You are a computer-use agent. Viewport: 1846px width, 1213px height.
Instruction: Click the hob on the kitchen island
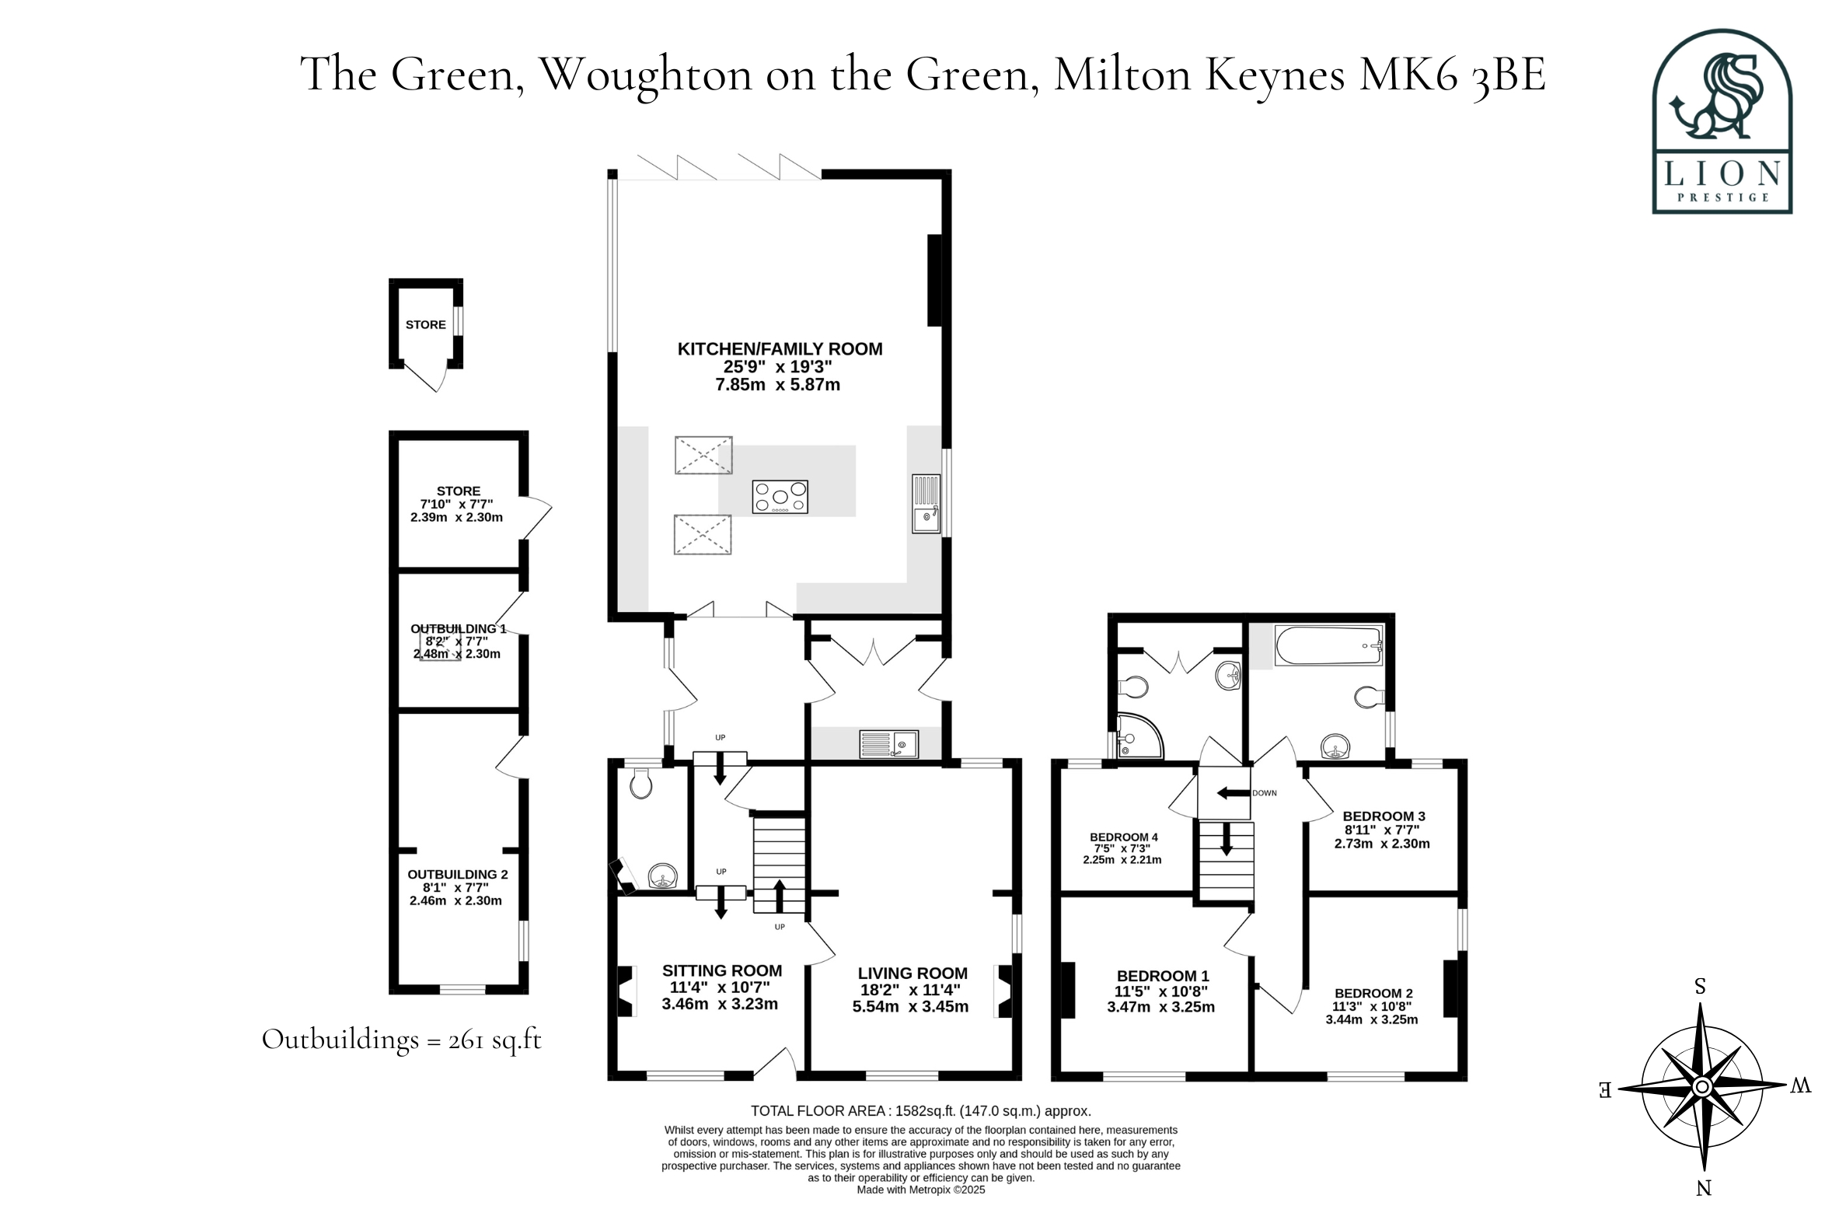click(780, 497)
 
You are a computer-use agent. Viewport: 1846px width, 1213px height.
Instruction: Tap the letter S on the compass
click(1701, 987)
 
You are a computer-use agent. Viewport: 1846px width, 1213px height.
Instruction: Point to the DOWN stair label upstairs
click(1264, 793)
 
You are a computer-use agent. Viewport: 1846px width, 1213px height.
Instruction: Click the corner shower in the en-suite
click(1139, 736)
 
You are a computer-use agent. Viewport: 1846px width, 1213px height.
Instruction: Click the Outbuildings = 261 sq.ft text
click(401, 1040)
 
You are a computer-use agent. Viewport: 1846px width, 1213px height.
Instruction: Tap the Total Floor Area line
click(921, 1111)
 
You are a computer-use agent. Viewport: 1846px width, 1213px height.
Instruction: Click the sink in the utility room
click(888, 744)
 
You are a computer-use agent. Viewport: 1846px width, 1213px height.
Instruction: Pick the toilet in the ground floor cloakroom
click(641, 784)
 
